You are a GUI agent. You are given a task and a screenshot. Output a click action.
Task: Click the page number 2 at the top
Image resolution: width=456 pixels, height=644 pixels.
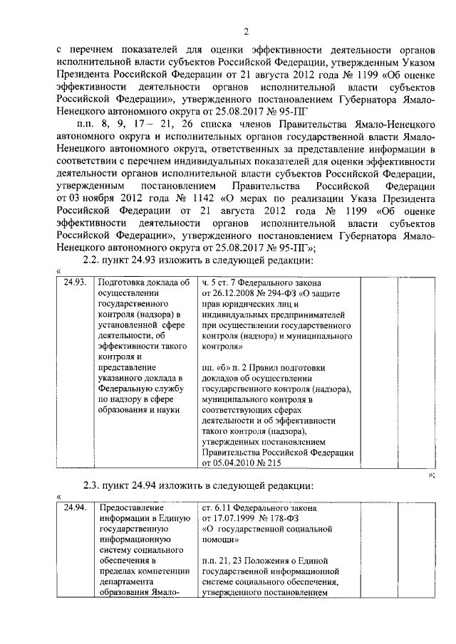(x=244, y=31)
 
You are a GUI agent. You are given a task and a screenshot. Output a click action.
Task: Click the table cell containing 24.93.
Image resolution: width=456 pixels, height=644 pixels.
(x=75, y=282)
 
